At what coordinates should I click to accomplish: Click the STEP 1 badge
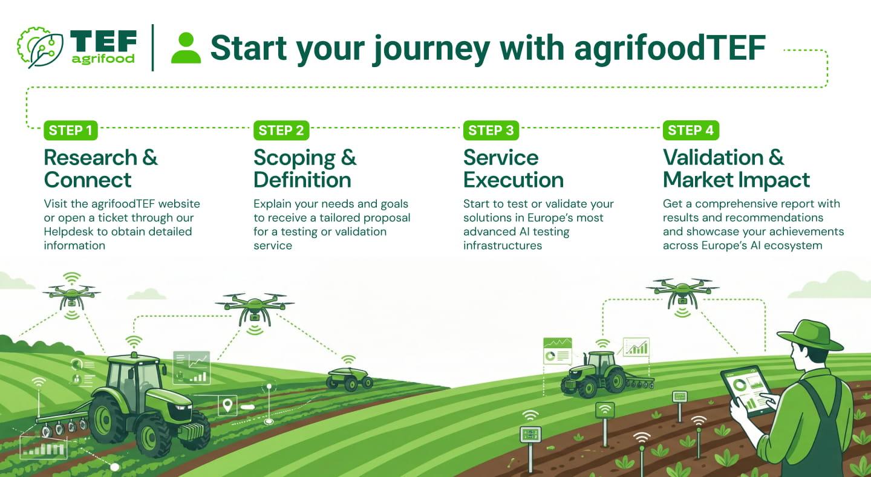click(x=70, y=130)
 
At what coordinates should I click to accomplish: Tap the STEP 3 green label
click(x=491, y=130)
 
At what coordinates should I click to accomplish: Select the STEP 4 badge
click(x=691, y=130)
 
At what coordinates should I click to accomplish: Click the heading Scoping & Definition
click(x=304, y=169)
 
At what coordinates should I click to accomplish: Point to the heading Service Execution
click(x=513, y=169)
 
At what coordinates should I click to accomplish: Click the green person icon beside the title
click(x=186, y=48)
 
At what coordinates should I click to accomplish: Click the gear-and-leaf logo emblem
click(x=40, y=47)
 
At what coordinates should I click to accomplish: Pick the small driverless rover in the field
click(x=349, y=378)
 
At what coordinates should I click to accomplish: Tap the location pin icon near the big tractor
click(x=227, y=405)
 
